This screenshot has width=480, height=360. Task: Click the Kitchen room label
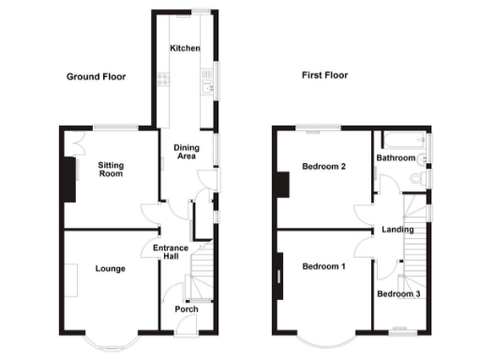coord(184,48)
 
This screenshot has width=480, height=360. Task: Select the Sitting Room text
coord(112,169)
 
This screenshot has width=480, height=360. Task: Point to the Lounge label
coord(110,268)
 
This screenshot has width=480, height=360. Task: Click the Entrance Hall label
coord(172,252)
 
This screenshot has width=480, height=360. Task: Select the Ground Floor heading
coord(96,76)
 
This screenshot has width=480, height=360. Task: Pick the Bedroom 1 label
coord(324,267)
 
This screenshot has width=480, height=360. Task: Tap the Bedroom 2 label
coord(324,167)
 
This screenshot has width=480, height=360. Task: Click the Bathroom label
coord(396,157)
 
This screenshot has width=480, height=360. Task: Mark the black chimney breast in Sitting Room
coord(68,178)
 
